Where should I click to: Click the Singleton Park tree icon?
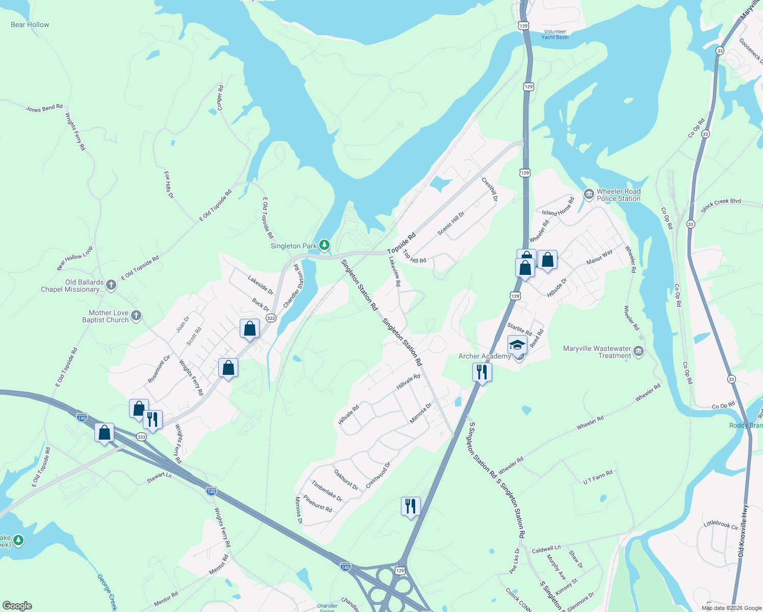coord(324,245)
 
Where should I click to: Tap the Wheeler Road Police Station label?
coord(618,195)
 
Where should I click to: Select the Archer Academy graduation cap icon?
coord(517,345)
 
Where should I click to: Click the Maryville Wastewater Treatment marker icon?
coord(639,351)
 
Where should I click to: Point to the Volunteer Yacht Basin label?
coord(555,34)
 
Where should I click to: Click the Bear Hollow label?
coord(30,24)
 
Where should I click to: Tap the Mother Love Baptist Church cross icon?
coord(136,316)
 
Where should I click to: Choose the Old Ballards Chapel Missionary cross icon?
coord(111,285)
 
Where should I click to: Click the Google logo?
coord(17,606)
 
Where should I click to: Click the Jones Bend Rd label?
coord(44,108)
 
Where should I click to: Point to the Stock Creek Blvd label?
coord(721,205)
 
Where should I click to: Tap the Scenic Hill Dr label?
coord(451,223)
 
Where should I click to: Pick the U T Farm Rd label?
coord(598,478)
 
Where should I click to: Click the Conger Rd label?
coord(220,98)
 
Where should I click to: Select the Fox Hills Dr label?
coord(169,185)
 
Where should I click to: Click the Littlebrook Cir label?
coord(721,524)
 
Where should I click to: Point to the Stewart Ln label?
coord(159,477)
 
